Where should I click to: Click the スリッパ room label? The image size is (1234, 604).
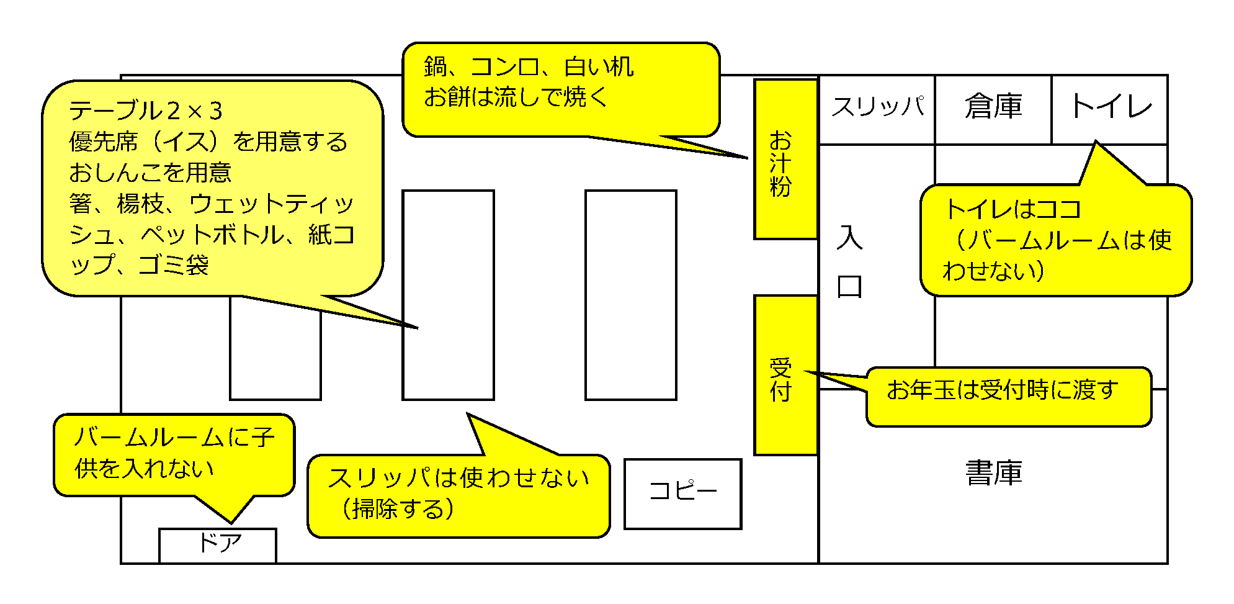(877, 107)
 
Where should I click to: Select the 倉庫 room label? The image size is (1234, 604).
(993, 107)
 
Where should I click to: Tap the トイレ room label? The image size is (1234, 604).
(1111, 107)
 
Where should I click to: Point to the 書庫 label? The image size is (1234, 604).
(993, 473)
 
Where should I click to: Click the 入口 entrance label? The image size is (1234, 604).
(849, 262)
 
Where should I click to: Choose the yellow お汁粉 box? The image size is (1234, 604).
(785, 160)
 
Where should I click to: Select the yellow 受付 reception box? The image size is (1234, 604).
(785, 376)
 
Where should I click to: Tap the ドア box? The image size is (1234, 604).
(217, 545)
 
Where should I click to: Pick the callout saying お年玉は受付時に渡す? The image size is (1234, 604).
(1008, 396)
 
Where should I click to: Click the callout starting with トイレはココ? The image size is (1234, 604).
(1056, 240)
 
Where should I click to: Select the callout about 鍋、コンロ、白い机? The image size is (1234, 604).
(561, 89)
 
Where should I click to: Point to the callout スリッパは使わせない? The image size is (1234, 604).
(458, 495)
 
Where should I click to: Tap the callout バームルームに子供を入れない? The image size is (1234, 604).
(174, 454)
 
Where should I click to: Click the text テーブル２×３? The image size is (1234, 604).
(146, 111)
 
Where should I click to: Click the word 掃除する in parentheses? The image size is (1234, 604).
(397, 510)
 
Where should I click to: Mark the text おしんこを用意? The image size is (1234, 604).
(150, 173)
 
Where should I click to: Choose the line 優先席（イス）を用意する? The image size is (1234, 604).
(208, 142)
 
